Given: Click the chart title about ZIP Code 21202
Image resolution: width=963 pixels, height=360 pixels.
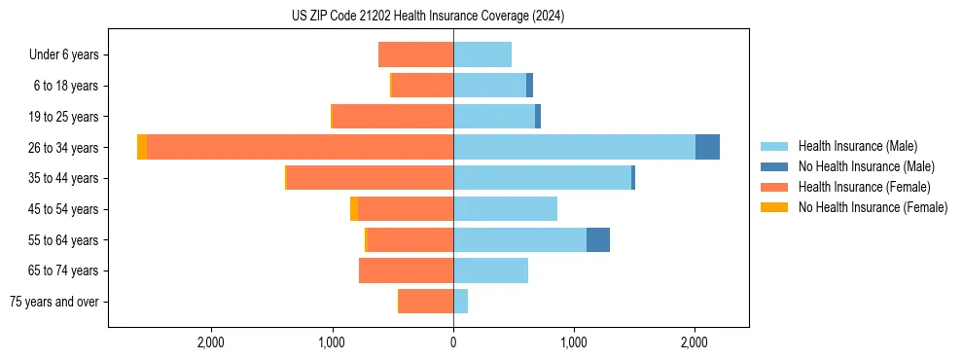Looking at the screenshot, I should click(x=428, y=17).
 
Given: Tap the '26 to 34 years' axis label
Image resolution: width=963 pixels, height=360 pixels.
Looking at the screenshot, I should click(x=64, y=148).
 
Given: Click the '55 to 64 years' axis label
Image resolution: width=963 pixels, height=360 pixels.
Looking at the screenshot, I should click(x=64, y=240).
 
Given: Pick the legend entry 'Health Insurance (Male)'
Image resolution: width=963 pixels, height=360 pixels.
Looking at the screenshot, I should click(x=857, y=146).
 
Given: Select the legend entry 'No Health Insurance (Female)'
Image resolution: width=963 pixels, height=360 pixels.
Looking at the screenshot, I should click(x=873, y=207).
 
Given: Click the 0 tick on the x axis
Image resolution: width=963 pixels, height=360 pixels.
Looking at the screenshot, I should click(x=453, y=342).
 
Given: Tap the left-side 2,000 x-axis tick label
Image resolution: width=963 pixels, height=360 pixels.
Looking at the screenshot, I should click(x=211, y=342).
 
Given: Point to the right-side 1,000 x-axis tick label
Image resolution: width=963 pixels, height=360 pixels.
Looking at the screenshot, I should click(x=574, y=342).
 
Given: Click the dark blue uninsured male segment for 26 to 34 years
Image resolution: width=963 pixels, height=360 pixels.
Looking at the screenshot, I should click(x=707, y=147).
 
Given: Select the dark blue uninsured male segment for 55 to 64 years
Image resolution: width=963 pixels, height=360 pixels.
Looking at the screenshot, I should click(x=598, y=239).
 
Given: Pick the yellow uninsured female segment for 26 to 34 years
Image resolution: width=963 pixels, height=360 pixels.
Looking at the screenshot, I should click(x=142, y=147).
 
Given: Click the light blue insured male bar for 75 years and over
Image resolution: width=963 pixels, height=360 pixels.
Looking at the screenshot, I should click(x=461, y=302).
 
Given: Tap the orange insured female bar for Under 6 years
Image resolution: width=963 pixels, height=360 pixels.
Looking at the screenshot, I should click(x=416, y=54).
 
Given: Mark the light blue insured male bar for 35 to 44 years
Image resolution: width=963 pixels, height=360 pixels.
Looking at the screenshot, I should click(x=542, y=178).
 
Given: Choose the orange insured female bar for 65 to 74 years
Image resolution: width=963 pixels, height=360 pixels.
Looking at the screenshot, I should click(x=407, y=270).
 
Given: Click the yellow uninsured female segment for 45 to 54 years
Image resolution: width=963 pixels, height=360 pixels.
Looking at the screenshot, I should click(x=354, y=209).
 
